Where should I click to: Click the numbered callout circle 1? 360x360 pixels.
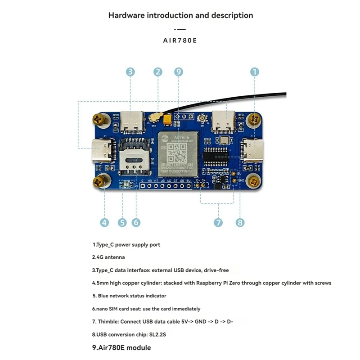255,72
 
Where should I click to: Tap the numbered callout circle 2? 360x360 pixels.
157,72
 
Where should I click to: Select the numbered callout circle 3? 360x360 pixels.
130,72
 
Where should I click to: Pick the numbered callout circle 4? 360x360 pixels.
104,222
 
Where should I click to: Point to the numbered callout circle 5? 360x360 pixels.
122,222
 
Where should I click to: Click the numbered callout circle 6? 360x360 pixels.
136,222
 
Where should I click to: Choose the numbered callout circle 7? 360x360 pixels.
218,222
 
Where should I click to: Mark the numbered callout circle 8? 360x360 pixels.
240,222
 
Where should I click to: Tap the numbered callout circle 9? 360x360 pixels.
179,72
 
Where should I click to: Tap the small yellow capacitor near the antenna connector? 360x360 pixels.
168,120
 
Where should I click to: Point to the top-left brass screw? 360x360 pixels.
99,119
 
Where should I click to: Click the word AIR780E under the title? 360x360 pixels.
180,40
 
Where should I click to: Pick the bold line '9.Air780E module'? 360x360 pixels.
121,347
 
